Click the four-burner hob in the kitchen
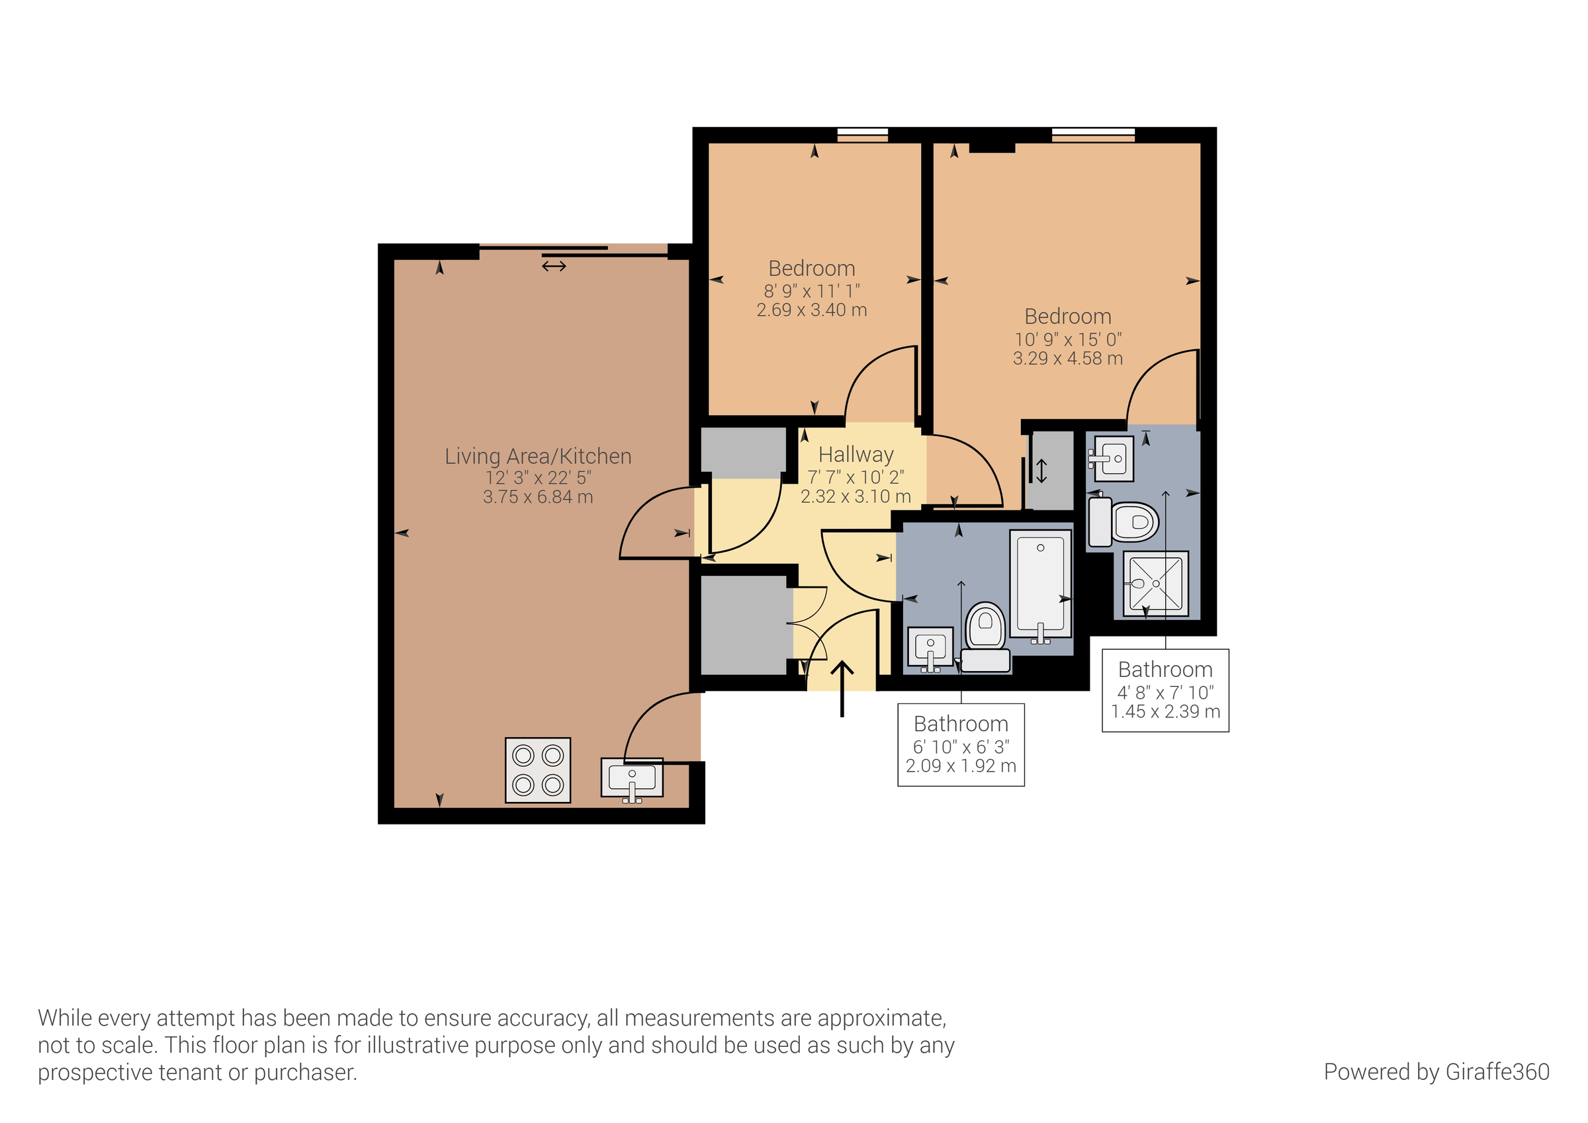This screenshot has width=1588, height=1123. [537, 770]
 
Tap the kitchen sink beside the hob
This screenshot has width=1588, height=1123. [631, 778]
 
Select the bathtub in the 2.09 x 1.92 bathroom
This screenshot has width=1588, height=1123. [1040, 583]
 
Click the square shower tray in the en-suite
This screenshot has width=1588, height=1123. [1155, 583]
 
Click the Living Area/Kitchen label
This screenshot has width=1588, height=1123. [537, 456]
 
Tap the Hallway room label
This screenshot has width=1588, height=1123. [856, 455]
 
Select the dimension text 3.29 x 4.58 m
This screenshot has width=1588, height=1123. [1067, 359]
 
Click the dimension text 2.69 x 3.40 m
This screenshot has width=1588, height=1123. [811, 310]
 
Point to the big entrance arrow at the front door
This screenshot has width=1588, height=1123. [842, 688]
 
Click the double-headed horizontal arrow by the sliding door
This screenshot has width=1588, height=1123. [553, 266]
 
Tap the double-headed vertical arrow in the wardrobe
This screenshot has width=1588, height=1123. [1041, 471]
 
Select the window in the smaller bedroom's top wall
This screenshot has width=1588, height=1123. [861, 134]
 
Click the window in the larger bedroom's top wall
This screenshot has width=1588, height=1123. [1093, 134]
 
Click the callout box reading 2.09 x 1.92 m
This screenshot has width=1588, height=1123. [961, 744]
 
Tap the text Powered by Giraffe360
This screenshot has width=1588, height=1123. [1436, 1071]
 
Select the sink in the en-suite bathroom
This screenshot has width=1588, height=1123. [1113, 458]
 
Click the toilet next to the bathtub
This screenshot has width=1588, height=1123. [985, 635]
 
